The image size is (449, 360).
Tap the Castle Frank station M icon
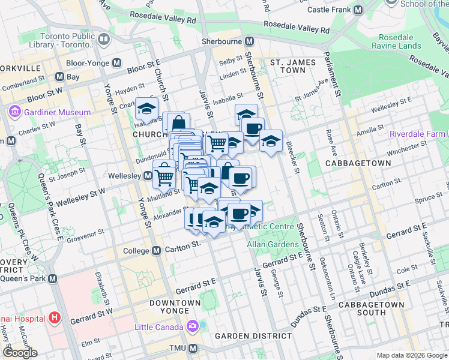[x=358, y=10]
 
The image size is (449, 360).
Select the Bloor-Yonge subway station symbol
[x=117, y=62]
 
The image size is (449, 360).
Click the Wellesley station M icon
[x=148, y=176]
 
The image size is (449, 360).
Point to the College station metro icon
[x=156, y=250]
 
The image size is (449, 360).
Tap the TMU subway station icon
[x=193, y=349]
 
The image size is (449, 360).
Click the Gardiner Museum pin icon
[x=14, y=112]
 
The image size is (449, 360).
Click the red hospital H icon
[x=55, y=317]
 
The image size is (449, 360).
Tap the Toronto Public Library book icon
[x=103, y=40]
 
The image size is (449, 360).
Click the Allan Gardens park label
[x=273, y=244]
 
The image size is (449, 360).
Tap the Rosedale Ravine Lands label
[x=396, y=40]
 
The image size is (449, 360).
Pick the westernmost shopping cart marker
[x=164, y=176]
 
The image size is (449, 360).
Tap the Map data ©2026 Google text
[x=411, y=355]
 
